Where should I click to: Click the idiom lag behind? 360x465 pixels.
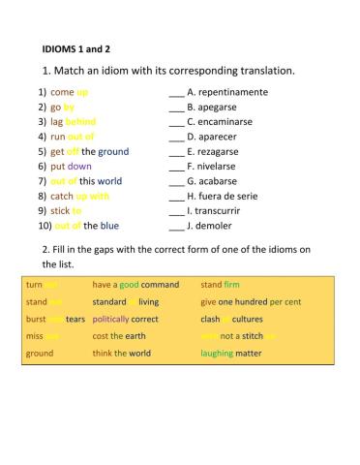73,122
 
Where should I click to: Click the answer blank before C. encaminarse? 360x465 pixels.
175,122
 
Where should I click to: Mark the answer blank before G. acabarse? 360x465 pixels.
175,181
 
